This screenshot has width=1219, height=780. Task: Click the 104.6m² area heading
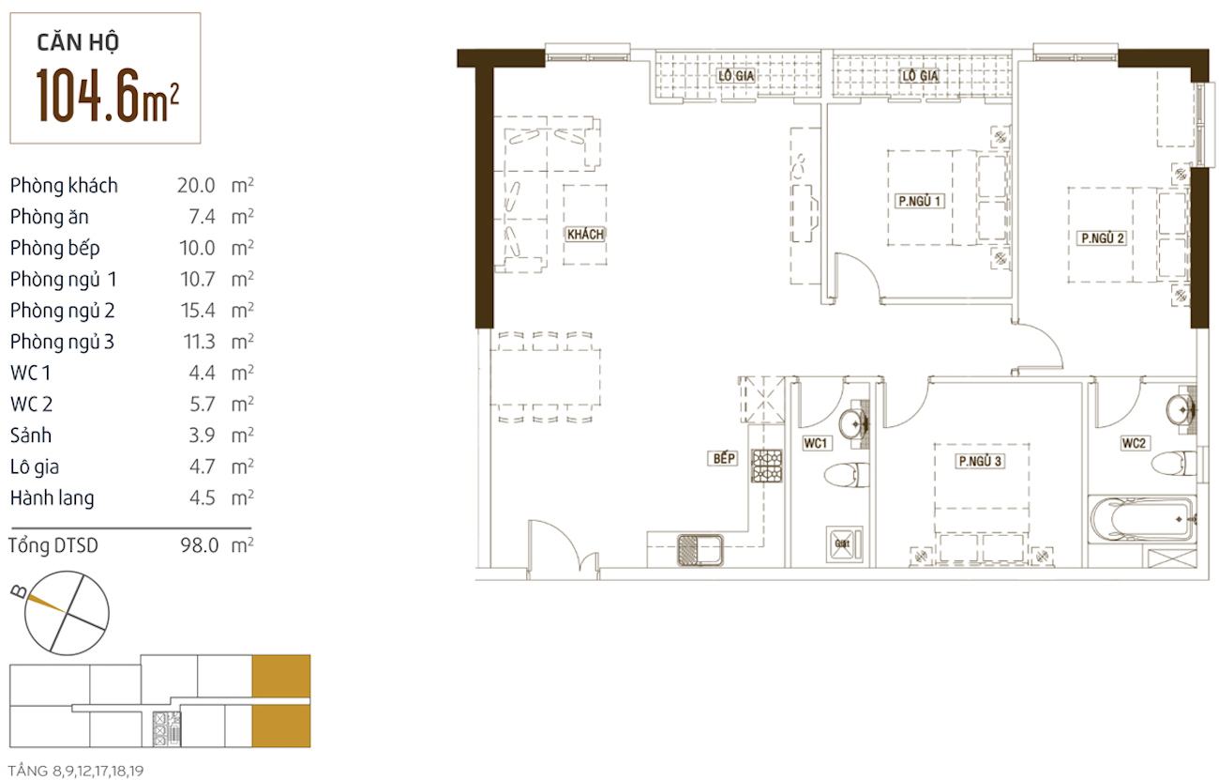click(x=107, y=96)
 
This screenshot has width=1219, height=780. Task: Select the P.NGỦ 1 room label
click(x=919, y=201)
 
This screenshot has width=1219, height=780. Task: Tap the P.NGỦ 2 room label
click(x=1102, y=238)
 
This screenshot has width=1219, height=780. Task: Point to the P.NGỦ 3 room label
click(x=980, y=462)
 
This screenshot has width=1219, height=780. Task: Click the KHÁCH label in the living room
click(x=585, y=235)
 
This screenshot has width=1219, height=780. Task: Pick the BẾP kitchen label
click(x=724, y=459)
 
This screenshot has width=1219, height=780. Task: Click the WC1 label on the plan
click(x=815, y=443)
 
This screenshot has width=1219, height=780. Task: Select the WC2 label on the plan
click(x=1134, y=443)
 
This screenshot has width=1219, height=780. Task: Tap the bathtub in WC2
click(x=1143, y=519)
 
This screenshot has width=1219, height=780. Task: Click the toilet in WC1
click(x=847, y=475)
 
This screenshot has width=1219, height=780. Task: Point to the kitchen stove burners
click(x=767, y=466)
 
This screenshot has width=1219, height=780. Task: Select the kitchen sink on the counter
click(x=700, y=550)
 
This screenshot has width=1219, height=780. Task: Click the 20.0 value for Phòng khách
click(x=196, y=186)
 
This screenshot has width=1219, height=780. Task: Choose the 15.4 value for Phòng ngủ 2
click(x=198, y=311)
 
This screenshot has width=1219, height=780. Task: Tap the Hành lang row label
click(x=53, y=498)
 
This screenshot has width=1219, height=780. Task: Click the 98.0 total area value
click(x=199, y=545)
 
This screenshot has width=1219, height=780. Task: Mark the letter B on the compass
click(x=19, y=591)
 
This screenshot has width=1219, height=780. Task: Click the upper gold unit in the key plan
click(x=280, y=676)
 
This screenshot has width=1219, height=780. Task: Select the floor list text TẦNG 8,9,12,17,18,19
click(x=76, y=771)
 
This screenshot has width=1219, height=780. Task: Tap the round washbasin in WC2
click(x=1180, y=408)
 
